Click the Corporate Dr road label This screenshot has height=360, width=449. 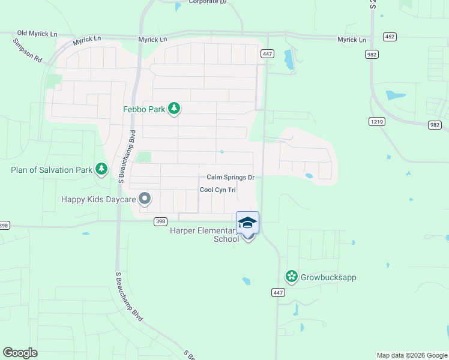tap(208, 2)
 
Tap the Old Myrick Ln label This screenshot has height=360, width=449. tap(37, 34)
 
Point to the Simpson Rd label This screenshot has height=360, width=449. tap(28, 51)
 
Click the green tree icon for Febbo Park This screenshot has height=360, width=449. tap(174, 109)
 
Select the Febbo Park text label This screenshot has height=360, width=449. tap(143, 109)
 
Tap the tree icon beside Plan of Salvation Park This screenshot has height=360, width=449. tap(101, 170)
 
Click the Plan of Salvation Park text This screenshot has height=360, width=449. tap(52, 170)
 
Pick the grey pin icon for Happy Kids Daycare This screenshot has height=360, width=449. tap(144, 198)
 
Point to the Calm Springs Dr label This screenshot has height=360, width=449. tap(231, 177)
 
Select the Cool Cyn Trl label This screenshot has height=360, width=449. tap(217, 190)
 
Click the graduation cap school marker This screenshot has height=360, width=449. tap(248, 223)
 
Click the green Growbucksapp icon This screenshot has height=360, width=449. tap(292, 277)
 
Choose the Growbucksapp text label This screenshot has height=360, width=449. tap(328, 278)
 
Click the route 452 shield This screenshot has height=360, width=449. tap(390, 37)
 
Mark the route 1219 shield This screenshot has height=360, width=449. tap(376, 121)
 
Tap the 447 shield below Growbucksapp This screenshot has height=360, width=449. tap(278, 293)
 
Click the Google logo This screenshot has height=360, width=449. tap(20, 353)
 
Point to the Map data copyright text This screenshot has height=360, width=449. tap(412, 355)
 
